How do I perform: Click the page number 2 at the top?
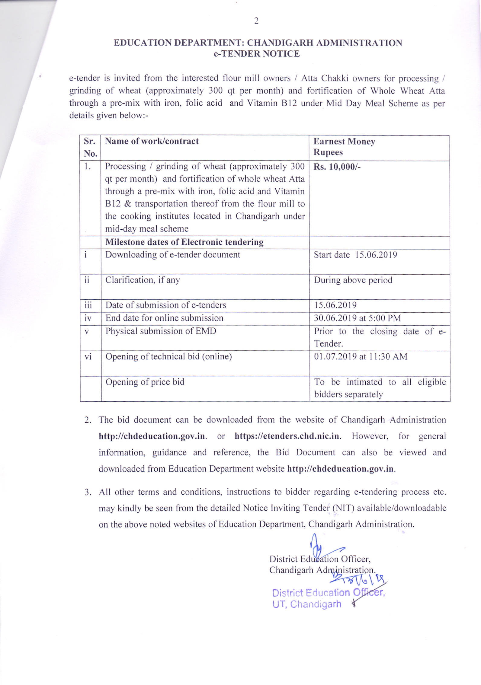click(256, 21)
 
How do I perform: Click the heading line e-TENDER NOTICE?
click(257, 54)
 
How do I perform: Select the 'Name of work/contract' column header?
click(152, 141)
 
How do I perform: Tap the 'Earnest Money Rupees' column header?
click(344, 147)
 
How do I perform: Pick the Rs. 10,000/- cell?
click(337, 167)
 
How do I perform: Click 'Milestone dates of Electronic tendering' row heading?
click(184, 242)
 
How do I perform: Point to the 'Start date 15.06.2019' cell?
click(355, 255)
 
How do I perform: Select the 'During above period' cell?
click(353, 280)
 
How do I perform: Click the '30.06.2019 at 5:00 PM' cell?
click(358, 318)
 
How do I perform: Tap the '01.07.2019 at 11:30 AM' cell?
click(361, 357)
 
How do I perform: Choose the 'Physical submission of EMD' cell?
click(161, 331)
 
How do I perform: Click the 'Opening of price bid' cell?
click(145, 382)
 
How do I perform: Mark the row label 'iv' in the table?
click(88, 318)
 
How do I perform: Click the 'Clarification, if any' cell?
click(143, 280)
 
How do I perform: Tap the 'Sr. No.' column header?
click(90, 147)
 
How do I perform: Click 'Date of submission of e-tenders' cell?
click(165, 305)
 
